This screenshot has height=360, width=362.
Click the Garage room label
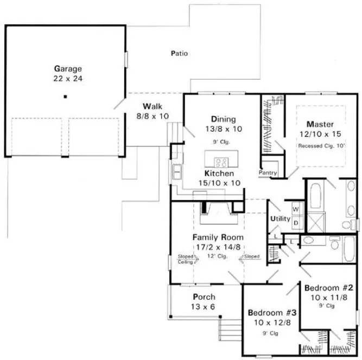[68, 69]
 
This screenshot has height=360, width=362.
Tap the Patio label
[179, 53]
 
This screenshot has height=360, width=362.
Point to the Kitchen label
[219, 173]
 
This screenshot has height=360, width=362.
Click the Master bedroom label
[320, 124]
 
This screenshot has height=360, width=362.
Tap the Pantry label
[268, 173]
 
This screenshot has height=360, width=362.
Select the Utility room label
[281, 218]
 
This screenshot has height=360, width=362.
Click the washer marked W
[296, 208]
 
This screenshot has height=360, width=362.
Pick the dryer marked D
[296, 222]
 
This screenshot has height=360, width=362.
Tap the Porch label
[204, 297]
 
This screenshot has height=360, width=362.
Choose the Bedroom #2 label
[329, 287]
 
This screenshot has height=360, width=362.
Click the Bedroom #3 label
[272, 313]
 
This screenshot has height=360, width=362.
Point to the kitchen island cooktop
[221, 162]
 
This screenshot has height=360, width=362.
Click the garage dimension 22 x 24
[68, 79]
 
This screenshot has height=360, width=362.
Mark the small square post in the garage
[65, 97]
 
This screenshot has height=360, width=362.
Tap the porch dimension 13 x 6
[204, 307]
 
